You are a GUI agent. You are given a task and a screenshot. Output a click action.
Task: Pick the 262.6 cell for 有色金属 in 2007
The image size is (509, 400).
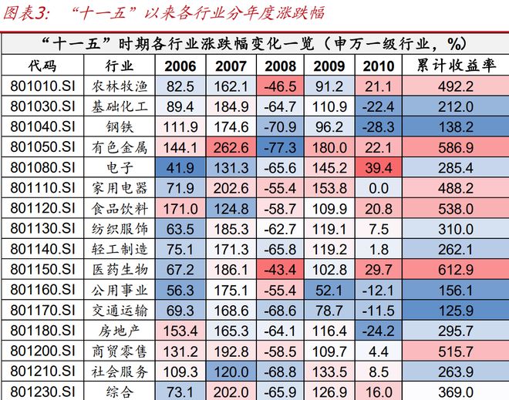coord(230,146)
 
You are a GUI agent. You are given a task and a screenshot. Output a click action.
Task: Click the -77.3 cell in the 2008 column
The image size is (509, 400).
coord(280,146)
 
